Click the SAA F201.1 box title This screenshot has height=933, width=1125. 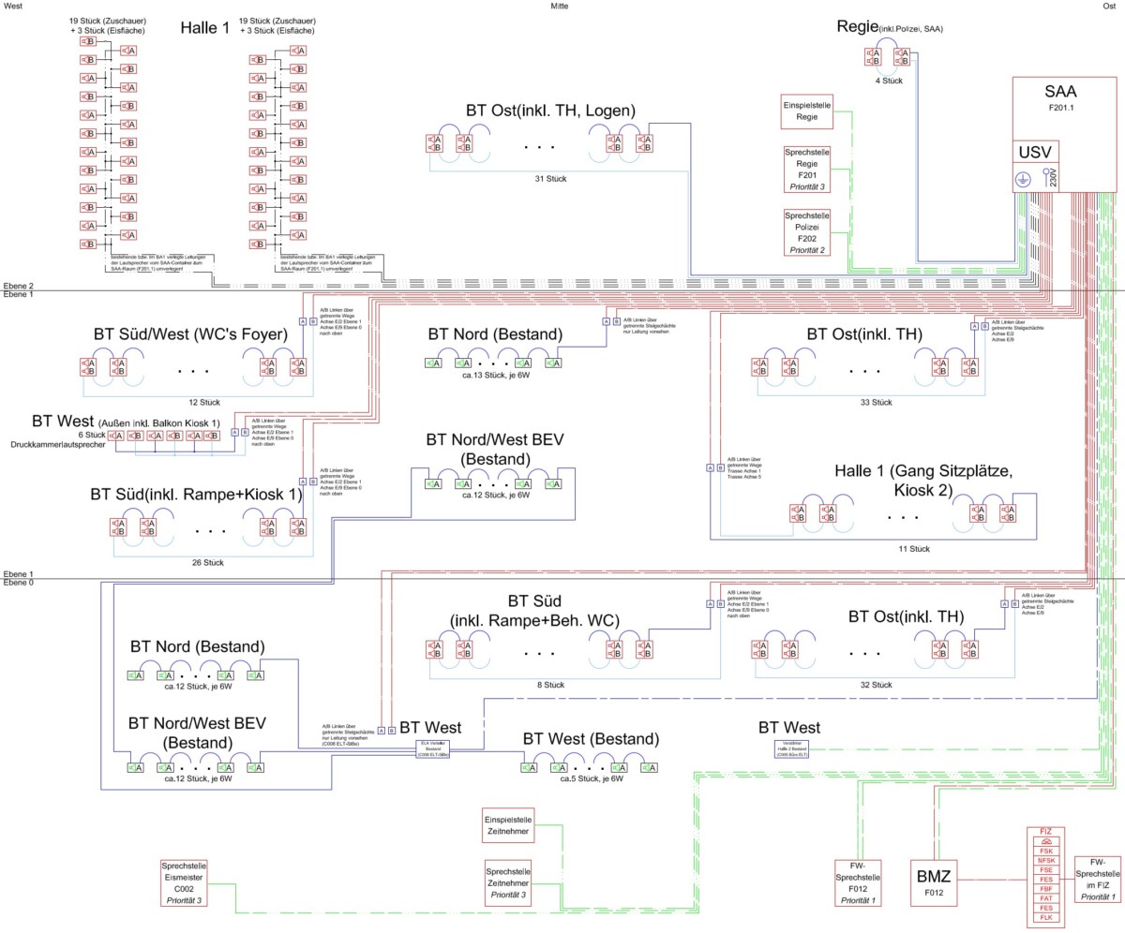(1059, 98)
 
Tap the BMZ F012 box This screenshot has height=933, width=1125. (935, 882)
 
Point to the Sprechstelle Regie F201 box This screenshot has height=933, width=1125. (807, 169)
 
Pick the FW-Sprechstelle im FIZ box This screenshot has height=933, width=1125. (1099, 878)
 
